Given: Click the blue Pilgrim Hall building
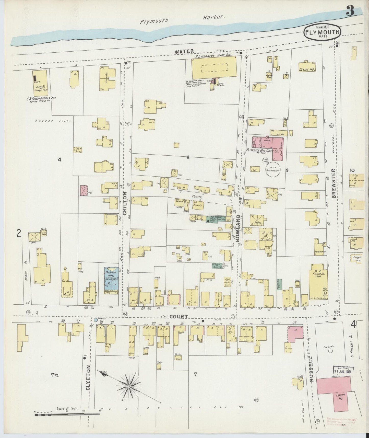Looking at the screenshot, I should tap(111, 279).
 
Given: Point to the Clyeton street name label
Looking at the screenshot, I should tap(88, 386).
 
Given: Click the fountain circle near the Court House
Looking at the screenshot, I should tap(330, 351).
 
